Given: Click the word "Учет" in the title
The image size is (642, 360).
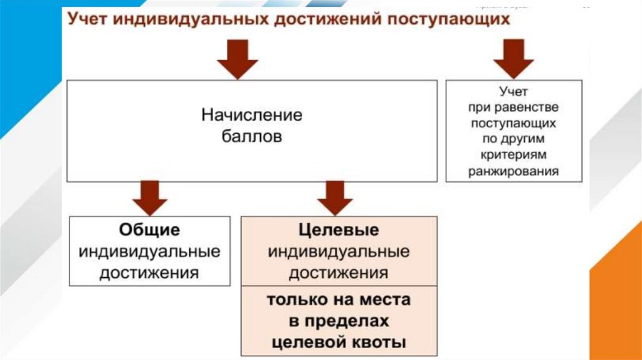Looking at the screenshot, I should [90, 19].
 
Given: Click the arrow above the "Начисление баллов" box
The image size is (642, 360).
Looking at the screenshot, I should [237, 61].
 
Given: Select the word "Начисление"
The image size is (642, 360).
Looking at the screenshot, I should [251, 115].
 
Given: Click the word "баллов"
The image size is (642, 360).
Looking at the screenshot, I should [251, 136].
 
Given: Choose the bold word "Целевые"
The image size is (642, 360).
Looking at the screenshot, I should [339, 230].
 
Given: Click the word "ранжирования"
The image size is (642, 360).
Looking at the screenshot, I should [513, 171].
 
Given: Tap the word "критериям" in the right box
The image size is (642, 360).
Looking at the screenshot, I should [513, 154].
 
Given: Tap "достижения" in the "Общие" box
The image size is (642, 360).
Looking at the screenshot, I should [149, 273].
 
